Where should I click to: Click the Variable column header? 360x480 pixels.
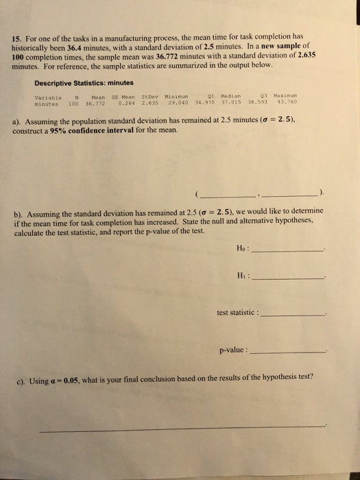point(47,97)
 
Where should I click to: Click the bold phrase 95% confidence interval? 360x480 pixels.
point(86,131)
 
